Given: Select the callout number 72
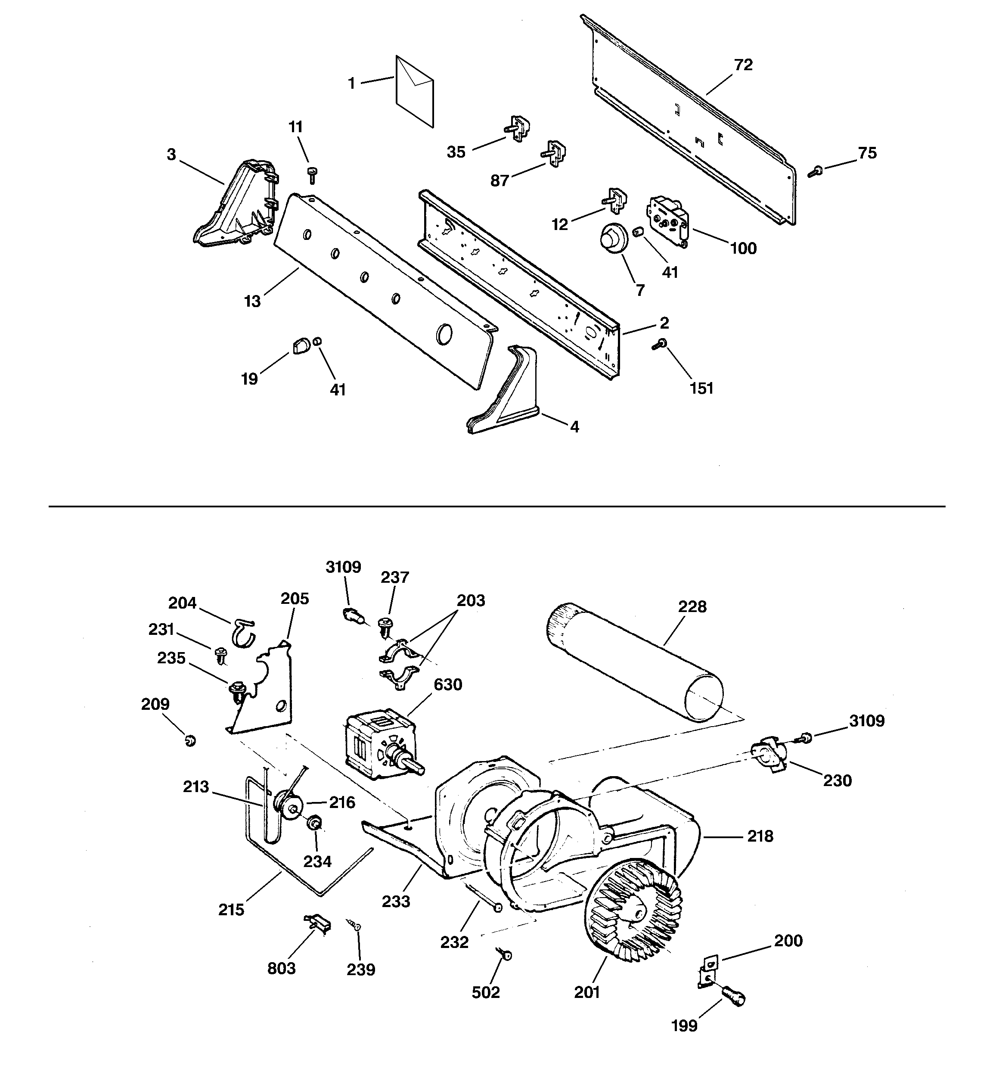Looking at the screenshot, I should tap(743, 65).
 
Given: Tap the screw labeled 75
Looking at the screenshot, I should tap(815, 171).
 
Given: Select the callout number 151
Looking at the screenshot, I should tap(701, 388).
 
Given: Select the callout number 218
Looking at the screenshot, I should tap(760, 836).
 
